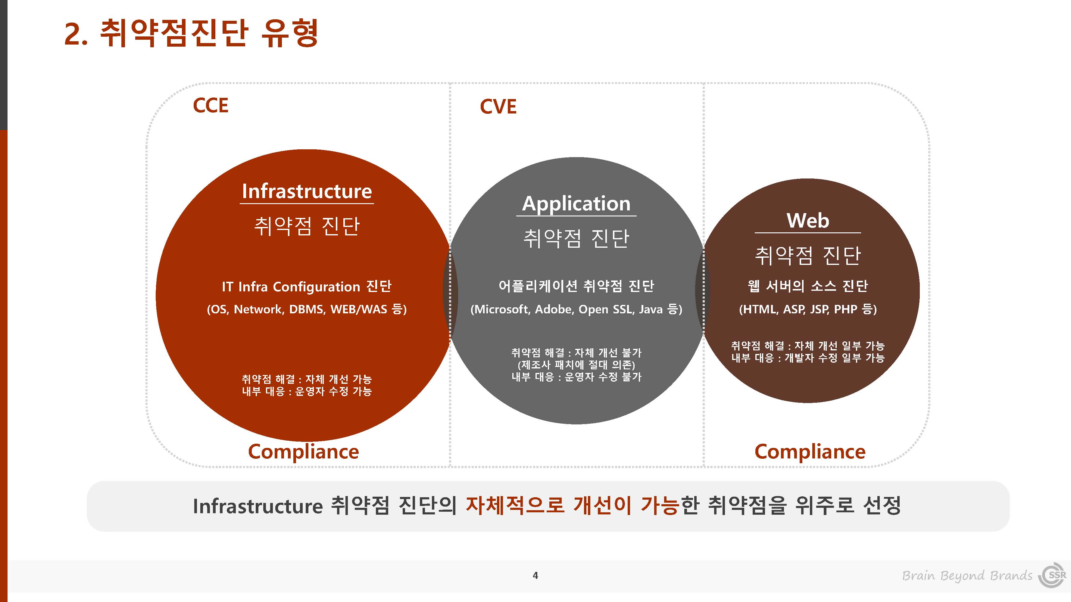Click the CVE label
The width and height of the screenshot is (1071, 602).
click(498, 107)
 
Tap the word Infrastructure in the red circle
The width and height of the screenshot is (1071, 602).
click(307, 191)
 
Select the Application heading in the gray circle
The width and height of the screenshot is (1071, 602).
click(576, 204)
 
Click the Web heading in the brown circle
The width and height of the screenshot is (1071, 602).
click(808, 220)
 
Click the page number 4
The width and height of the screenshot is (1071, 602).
click(535, 576)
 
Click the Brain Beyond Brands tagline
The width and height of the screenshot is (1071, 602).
click(967, 576)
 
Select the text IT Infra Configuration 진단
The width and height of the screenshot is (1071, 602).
click(307, 286)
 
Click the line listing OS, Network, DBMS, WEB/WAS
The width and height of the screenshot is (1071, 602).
click(307, 309)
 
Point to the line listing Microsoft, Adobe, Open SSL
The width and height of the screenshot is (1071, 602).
click(576, 309)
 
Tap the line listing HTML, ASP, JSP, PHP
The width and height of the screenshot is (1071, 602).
click(808, 309)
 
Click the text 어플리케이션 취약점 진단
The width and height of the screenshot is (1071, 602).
click(576, 286)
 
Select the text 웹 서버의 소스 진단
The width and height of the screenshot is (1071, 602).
click(808, 286)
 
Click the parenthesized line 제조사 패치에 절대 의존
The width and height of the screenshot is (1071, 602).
click(576, 365)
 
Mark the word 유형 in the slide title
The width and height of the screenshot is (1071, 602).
click(290, 33)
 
